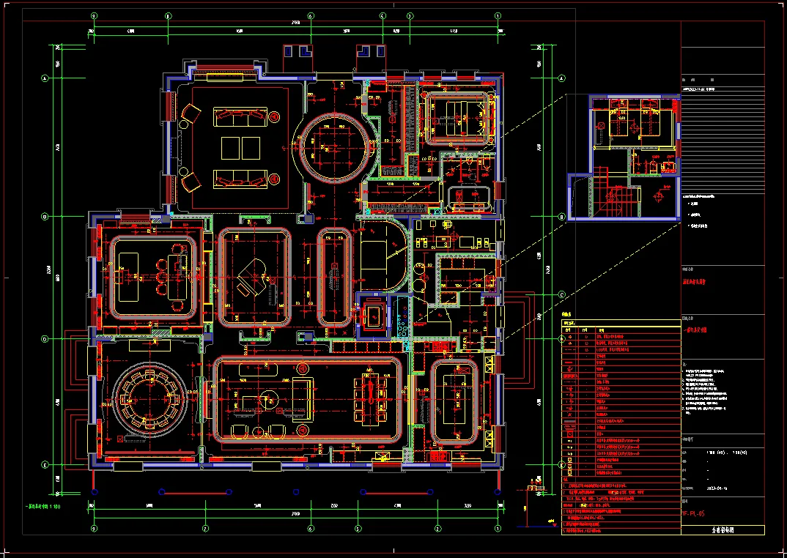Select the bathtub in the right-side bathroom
(x=469, y=196)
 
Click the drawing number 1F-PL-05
(x=692, y=514)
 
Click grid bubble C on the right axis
(x=562, y=294)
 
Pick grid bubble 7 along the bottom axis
(x=206, y=528)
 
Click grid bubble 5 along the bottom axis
(x=358, y=528)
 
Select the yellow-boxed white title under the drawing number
(x=723, y=530)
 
